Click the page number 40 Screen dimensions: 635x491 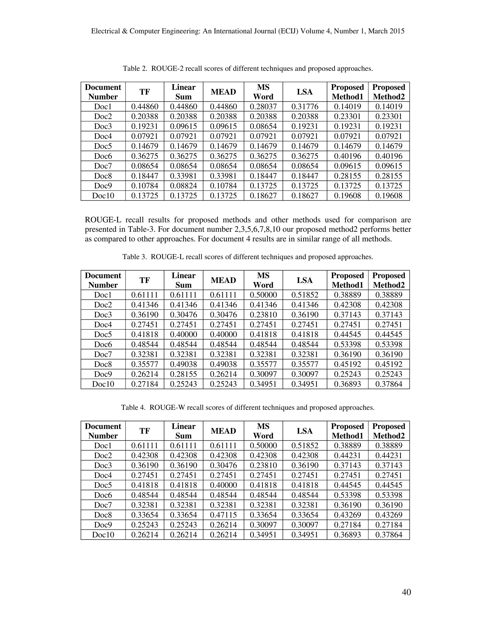point(406,592)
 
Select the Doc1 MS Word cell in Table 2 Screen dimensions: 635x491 point(263,107)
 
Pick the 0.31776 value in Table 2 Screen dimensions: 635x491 point(304,107)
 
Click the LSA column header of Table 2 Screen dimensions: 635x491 point(304,92)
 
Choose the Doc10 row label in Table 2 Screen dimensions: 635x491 point(103,196)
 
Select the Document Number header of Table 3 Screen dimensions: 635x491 point(103,280)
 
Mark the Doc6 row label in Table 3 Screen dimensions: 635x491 point(103,345)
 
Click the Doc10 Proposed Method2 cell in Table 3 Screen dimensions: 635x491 point(389,384)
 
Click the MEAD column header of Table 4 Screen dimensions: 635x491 point(223,431)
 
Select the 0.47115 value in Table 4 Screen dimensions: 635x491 point(223,515)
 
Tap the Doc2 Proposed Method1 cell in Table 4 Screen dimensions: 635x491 point(347,456)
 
